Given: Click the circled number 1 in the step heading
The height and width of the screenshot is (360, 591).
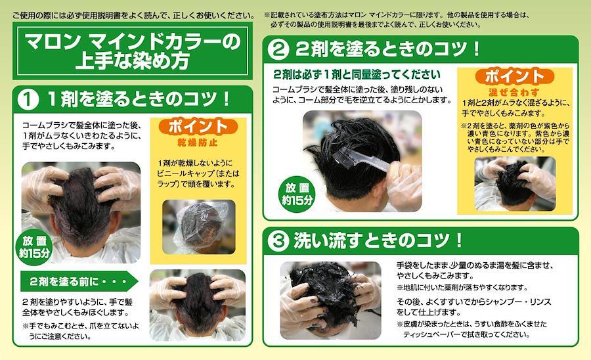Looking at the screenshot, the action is point(28,99).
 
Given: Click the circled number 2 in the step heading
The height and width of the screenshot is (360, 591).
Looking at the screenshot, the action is point(278,49).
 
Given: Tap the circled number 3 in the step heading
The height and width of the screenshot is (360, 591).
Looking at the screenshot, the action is point(278,241).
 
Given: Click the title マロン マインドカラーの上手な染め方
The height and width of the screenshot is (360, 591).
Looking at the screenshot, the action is point(133,51).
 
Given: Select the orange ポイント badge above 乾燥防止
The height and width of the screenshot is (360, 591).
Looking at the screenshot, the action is point(198,127).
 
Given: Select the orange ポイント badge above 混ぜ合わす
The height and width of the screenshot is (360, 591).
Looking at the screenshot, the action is point(514,76).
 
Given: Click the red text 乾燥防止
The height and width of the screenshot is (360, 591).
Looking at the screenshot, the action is point(198,143).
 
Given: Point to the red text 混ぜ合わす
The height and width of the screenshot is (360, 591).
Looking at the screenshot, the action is point(514,92).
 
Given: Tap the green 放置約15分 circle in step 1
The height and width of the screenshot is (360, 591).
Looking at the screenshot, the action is point(34,247).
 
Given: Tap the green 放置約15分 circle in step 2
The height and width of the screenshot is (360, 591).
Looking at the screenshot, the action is point(297,194).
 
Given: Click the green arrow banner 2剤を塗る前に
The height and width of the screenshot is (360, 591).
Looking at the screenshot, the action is point(79,281).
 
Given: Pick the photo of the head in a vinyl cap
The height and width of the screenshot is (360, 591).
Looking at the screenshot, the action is point(199,227).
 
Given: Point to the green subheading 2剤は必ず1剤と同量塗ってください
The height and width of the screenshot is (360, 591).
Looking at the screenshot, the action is point(357,74).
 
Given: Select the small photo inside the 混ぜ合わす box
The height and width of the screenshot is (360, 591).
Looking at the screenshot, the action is point(515,184).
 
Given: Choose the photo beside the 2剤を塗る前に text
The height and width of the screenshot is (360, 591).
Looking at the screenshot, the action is point(198,305).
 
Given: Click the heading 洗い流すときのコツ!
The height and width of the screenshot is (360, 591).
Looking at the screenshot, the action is point(378,240).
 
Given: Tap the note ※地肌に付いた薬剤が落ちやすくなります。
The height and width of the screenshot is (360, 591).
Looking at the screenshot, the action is point(462,288).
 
